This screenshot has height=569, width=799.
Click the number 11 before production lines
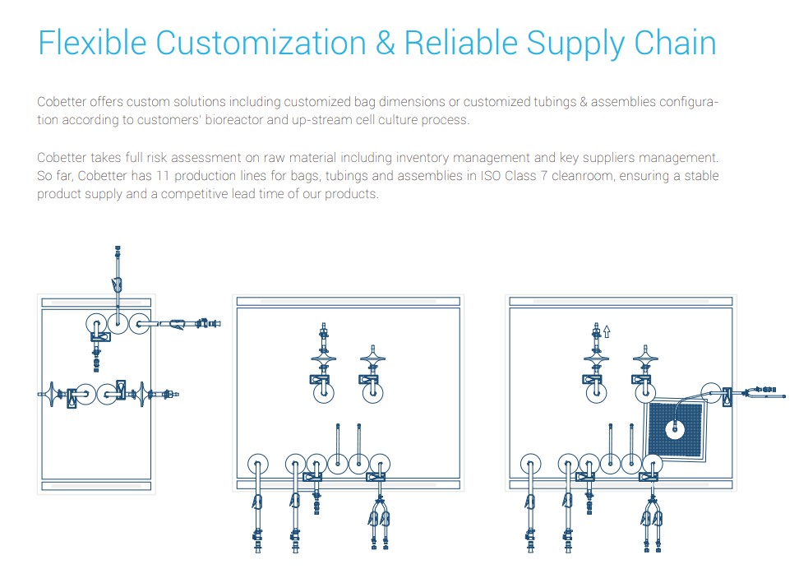point(162,176)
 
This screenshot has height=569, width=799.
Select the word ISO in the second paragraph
point(490,176)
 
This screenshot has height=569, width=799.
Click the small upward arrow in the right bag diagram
point(607,331)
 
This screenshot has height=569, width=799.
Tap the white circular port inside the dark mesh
point(675,429)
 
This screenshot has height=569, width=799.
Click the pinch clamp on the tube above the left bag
point(118,285)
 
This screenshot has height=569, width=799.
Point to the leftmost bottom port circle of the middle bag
point(258,465)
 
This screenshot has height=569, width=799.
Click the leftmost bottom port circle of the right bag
point(531,465)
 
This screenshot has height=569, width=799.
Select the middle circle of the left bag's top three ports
point(118,323)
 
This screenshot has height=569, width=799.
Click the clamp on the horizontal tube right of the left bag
point(178,324)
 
